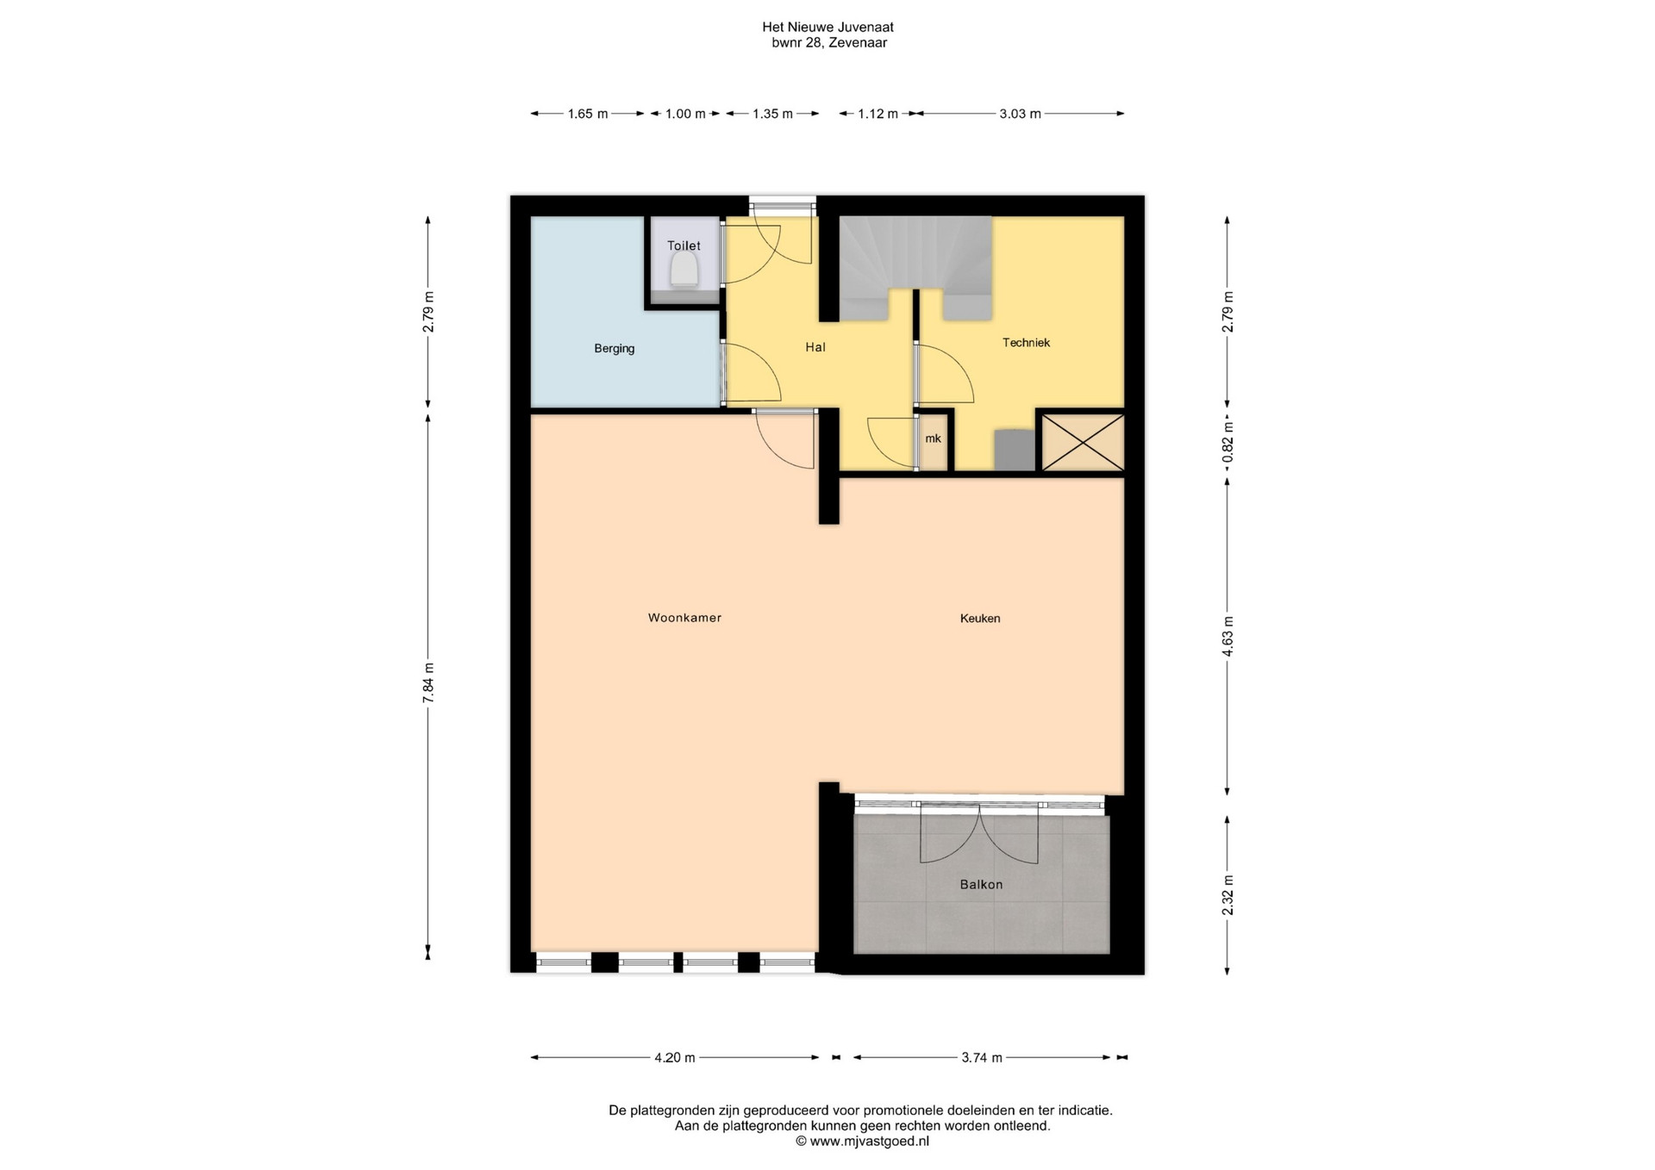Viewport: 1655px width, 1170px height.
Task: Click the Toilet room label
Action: click(684, 246)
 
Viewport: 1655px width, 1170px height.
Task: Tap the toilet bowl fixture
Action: click(684, 271)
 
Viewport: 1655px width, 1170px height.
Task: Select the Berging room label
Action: click(615, 349)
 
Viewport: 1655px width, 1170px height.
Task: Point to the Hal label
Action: click(815, 347)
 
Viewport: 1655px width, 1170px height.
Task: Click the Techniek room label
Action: click(1026, 342)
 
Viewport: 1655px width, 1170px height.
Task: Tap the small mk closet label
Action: click(933, 439)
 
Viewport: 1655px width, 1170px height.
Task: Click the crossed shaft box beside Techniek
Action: click(1083, 443)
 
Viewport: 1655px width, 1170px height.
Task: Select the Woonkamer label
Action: click(684, 618)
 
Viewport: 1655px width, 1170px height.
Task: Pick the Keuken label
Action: click(980, 618)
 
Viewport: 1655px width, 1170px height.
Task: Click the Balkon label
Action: click(981, 884)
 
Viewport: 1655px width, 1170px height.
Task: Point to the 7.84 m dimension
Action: click(428, 683)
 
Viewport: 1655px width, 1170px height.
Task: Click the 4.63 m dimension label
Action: click(1227, 637)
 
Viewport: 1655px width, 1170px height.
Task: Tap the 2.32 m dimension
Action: click(1227, 895)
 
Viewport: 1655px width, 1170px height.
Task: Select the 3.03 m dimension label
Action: click(1020, 114)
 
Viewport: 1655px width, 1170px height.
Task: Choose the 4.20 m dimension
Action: click(674, 1058)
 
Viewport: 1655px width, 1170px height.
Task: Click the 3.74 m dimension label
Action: click(982, 1058)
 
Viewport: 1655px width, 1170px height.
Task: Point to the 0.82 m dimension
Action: click(1227, 442)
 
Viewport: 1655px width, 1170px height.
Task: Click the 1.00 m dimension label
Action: click(685, 114)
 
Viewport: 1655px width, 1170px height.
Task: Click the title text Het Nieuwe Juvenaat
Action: click(827, 28)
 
